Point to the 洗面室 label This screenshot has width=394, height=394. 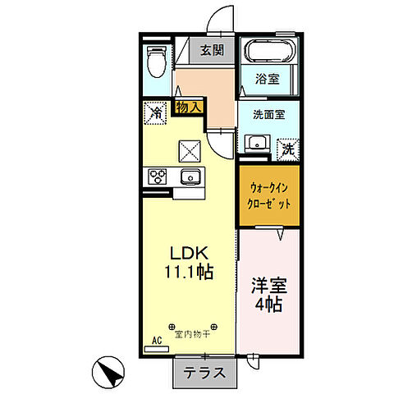268,115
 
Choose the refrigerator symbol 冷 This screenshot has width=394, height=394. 154,112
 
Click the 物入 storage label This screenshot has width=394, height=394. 187,107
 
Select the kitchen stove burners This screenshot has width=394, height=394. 158,176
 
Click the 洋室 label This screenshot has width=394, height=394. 268,287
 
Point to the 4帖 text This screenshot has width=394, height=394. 268,307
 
